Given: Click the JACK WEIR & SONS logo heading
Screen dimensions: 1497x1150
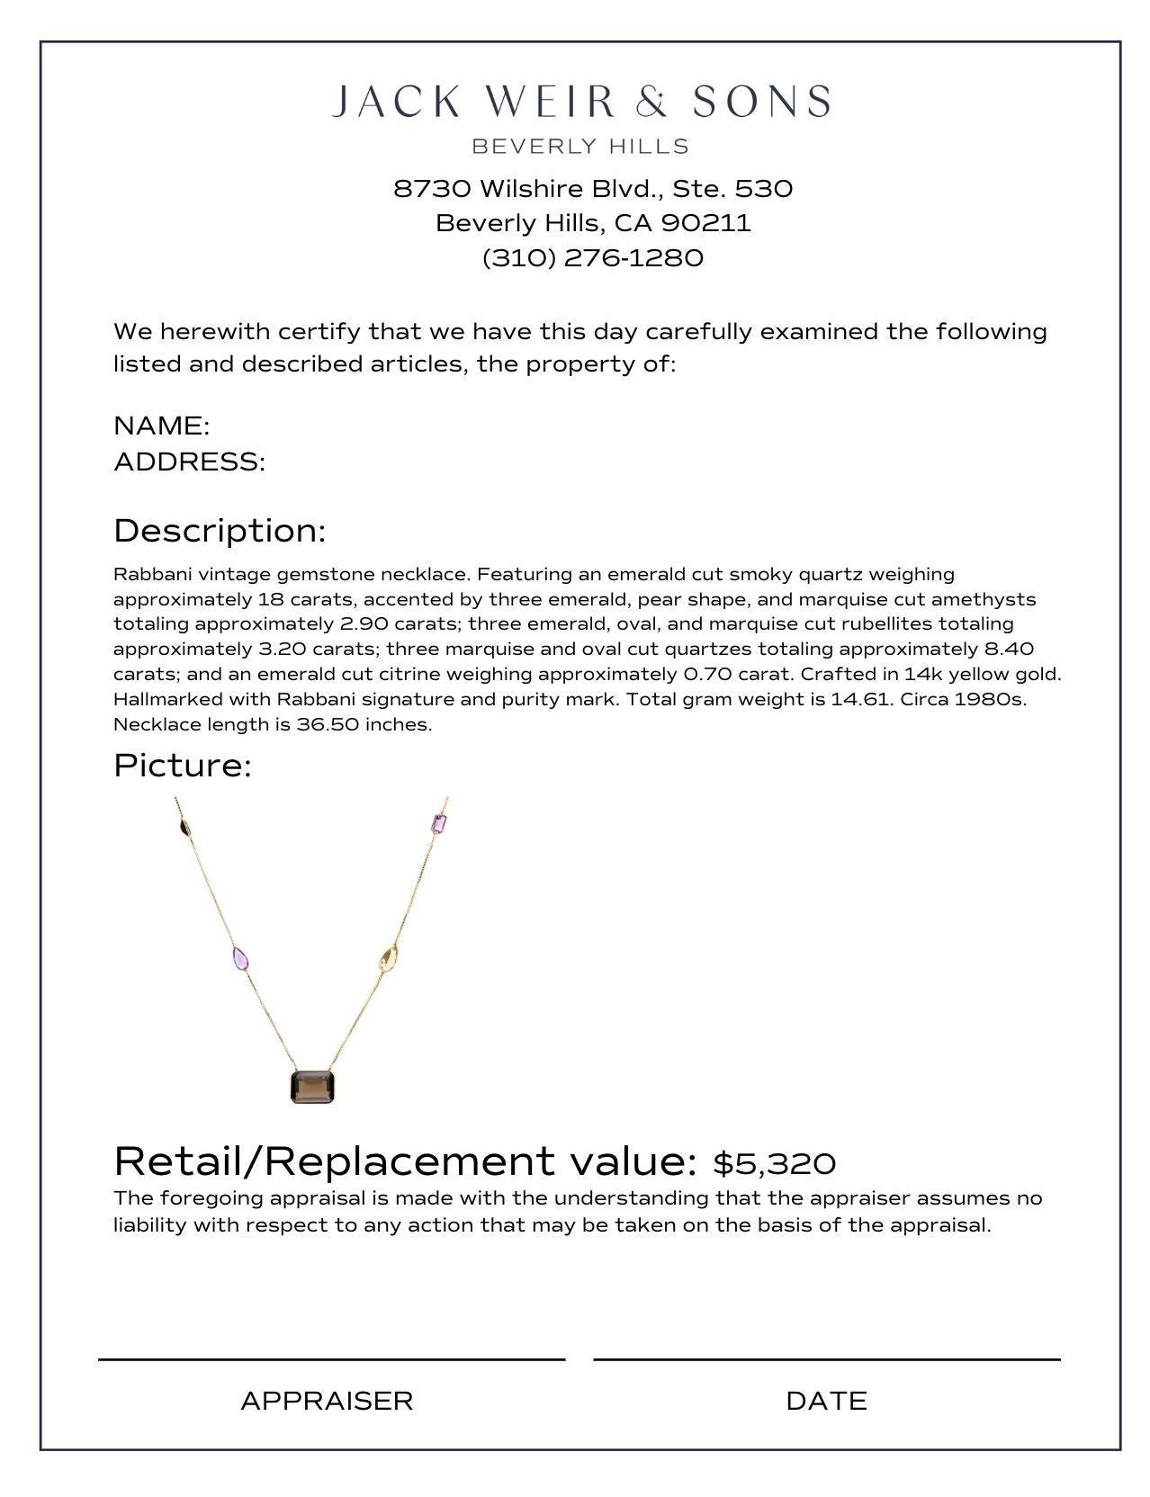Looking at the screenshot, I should coord(580,102).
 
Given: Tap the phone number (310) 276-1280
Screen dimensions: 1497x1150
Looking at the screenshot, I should coord(593,258).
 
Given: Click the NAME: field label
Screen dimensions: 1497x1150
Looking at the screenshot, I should coord(162,426).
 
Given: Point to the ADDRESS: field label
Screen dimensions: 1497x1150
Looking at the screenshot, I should coord(189,462).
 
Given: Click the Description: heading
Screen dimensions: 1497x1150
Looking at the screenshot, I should coord(219,531).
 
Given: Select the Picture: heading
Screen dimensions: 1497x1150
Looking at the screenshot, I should coord(182,766).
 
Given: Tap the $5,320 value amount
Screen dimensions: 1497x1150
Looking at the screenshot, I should coord(774,1163).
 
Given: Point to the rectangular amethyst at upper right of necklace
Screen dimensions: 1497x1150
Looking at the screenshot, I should coord(439,823).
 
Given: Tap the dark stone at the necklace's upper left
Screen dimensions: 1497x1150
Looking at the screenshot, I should coord(184,828).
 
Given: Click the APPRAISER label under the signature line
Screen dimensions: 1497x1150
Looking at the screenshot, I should coord(327,1401).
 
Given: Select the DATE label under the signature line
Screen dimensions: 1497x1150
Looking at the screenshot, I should coord(826,1401).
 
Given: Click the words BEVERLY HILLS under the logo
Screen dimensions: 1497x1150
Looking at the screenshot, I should coord(580,147).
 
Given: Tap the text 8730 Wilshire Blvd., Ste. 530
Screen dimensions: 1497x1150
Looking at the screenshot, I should coord(593,189).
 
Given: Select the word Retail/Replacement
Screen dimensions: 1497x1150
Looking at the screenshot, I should coord(334,1161).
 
